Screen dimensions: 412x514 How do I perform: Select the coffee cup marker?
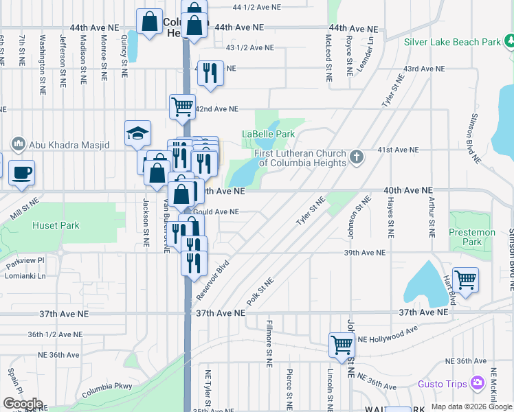[x=21, y=172]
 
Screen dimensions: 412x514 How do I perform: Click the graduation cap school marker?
[x=137, y=133]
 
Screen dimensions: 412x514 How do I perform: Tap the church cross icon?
[x=356, y=157]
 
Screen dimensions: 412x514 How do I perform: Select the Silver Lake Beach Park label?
[x=452, y=42]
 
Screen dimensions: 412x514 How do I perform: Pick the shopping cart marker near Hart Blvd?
[x=465, y=280]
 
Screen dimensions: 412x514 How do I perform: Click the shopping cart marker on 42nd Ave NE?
[x=183, y=106]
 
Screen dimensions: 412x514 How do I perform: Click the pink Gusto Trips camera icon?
[x=478, y=383]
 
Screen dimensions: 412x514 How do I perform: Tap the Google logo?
[x=23, y=404]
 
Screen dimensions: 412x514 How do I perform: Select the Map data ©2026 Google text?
[x=471, y=407]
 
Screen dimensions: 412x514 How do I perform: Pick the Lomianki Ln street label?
[x=27, y=276]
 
